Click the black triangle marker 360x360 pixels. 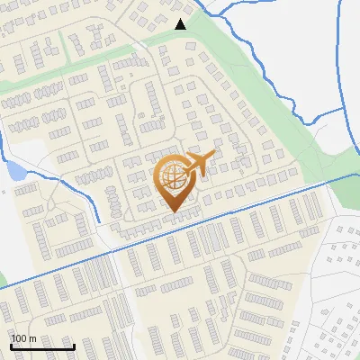[181, 24]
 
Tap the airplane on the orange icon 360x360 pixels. [200, 162]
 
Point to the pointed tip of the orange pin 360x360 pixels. [173, 212]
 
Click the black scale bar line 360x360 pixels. [42, 347]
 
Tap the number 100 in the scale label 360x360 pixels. [20, 338]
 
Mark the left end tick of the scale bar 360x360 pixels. [11, 346]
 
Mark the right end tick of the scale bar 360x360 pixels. [74, 346]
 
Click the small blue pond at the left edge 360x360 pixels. [13, 168]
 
